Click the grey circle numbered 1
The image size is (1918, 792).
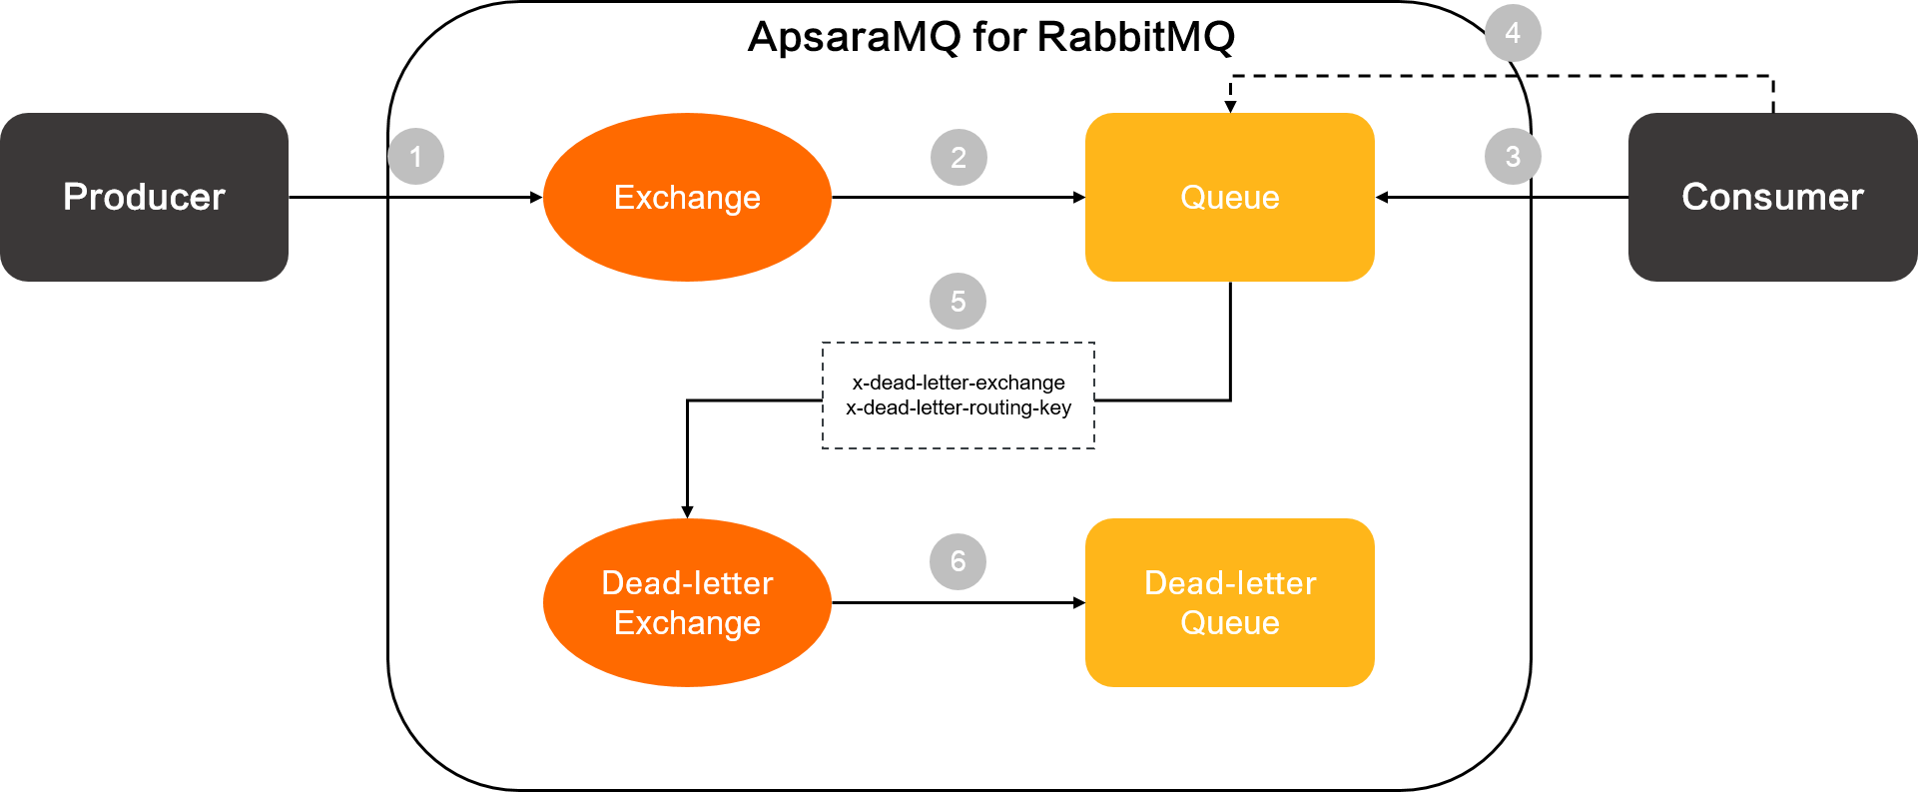pos(415,157)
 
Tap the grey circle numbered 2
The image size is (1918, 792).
pos(959,158)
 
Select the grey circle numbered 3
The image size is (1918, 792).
pos(1513,157)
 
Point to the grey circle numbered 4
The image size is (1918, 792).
pos(1513,33)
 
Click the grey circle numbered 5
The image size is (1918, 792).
pos(958,302)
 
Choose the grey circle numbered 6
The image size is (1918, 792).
pos(958,561)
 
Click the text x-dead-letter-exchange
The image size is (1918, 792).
pos(959,383)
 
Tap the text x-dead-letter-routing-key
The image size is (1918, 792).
pos(959,407)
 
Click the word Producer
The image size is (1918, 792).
pos(144,197)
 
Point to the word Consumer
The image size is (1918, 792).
pos(1772,197)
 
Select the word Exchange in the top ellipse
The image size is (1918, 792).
pos(687,198)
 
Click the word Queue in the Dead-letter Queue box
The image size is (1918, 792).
pos(1230,623)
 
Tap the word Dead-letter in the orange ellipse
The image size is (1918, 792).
pos(687,583)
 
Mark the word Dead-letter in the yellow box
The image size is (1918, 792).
pos(1230,583)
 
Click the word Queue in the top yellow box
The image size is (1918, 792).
pos(1230,198)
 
